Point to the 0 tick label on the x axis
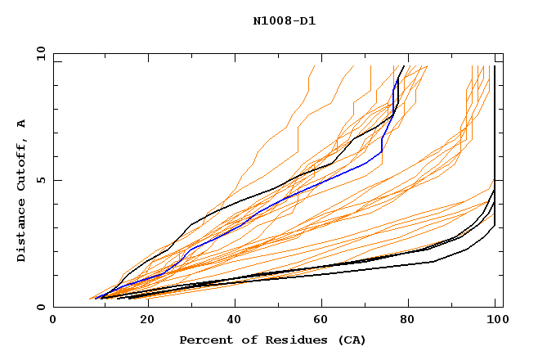[53, 322]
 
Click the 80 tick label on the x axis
[406, 322]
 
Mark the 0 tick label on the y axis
[41, 308]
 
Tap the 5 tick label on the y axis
[41, 180]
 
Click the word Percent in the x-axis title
[205, 340]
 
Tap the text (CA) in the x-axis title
[352, 340]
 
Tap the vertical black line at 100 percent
[495, 123]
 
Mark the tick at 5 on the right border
[499, 180]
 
